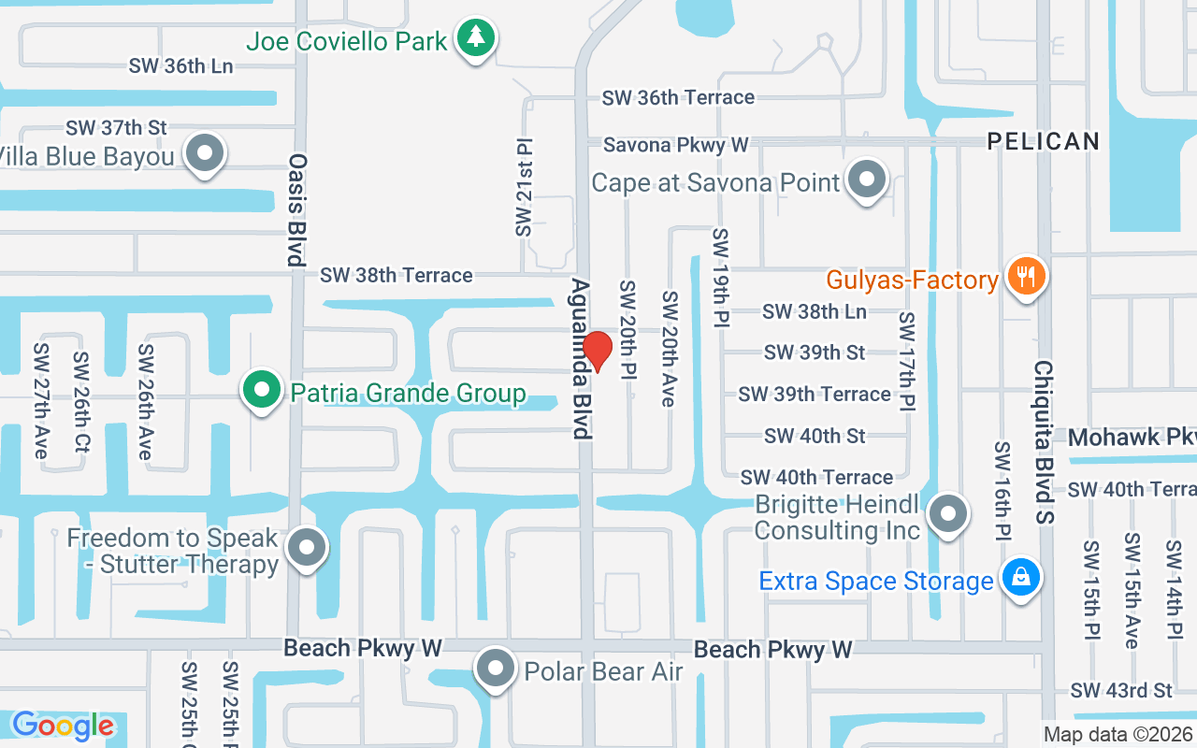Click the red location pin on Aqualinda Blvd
tap(598, 351)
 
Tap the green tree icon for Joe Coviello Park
tap(477, 38)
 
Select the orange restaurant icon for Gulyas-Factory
tap(1026, 277)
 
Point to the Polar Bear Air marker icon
tap(496, 669)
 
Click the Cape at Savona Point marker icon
tap(867, 179)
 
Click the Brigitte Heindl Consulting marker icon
tap(949, 513)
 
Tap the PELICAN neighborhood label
tap(1044, 141)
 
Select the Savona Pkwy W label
tap(675, 145)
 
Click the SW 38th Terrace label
tap(396, 275)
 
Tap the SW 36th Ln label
tap(180, 66)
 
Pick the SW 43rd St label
tap(1121, 691)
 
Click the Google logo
tap(63, 726)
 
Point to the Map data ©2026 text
tap(1118, 735)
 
